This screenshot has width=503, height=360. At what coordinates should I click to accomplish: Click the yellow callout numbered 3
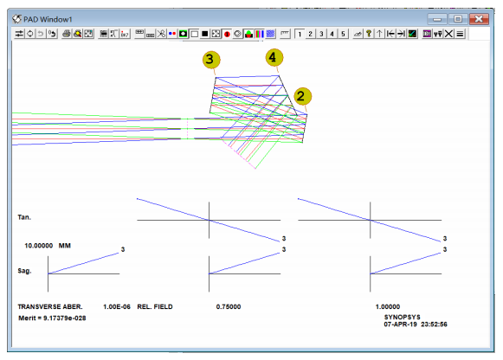pyautogui.click(x=210, y=60)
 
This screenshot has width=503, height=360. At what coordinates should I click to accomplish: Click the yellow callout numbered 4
pyautogui.click(x=274, y=58)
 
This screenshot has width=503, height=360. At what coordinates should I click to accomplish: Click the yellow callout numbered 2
pyautogui.click(x=302, y=96)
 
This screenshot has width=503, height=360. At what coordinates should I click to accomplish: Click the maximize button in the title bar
pyautogui.click(x=457, y=19)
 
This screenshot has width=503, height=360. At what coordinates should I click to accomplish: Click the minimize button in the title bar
pyautogui.click(x=436, y=19)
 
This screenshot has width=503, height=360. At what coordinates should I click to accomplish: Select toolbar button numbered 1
pyautogui.click(x=300, y=34)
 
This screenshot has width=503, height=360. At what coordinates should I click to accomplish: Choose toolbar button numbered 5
pyautogui.click(x=343, y=34)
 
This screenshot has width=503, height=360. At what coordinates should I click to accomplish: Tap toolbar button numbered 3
pyautogui.click(x=321, y=34)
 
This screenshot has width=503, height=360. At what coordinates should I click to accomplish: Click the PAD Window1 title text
pyautogui.click(x=48, y=20)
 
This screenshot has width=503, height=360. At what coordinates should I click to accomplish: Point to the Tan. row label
pyautogui.click(x=24, y=217)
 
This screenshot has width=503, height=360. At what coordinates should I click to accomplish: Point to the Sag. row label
pyautogui.click(x=24, y=271)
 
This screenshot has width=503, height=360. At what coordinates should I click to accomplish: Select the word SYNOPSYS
pyautogui.click(x=403, y=317)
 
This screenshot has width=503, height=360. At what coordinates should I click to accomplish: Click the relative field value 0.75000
pyautogui.click(x=229, y=307)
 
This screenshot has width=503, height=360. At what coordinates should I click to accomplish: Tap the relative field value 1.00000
pyautogui.click(x=388, y=307)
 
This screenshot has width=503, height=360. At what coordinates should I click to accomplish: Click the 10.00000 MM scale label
pyautogui.click(x=48, y=246)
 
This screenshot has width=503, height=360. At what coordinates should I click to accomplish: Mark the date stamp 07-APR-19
pyautogui.click(x=400, y=325)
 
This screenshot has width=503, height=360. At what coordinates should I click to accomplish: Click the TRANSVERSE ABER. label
pyautogui.click(x=50, y=307)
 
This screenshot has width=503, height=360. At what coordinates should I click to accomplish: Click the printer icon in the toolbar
pyautogui.click(x=67, y=34)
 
